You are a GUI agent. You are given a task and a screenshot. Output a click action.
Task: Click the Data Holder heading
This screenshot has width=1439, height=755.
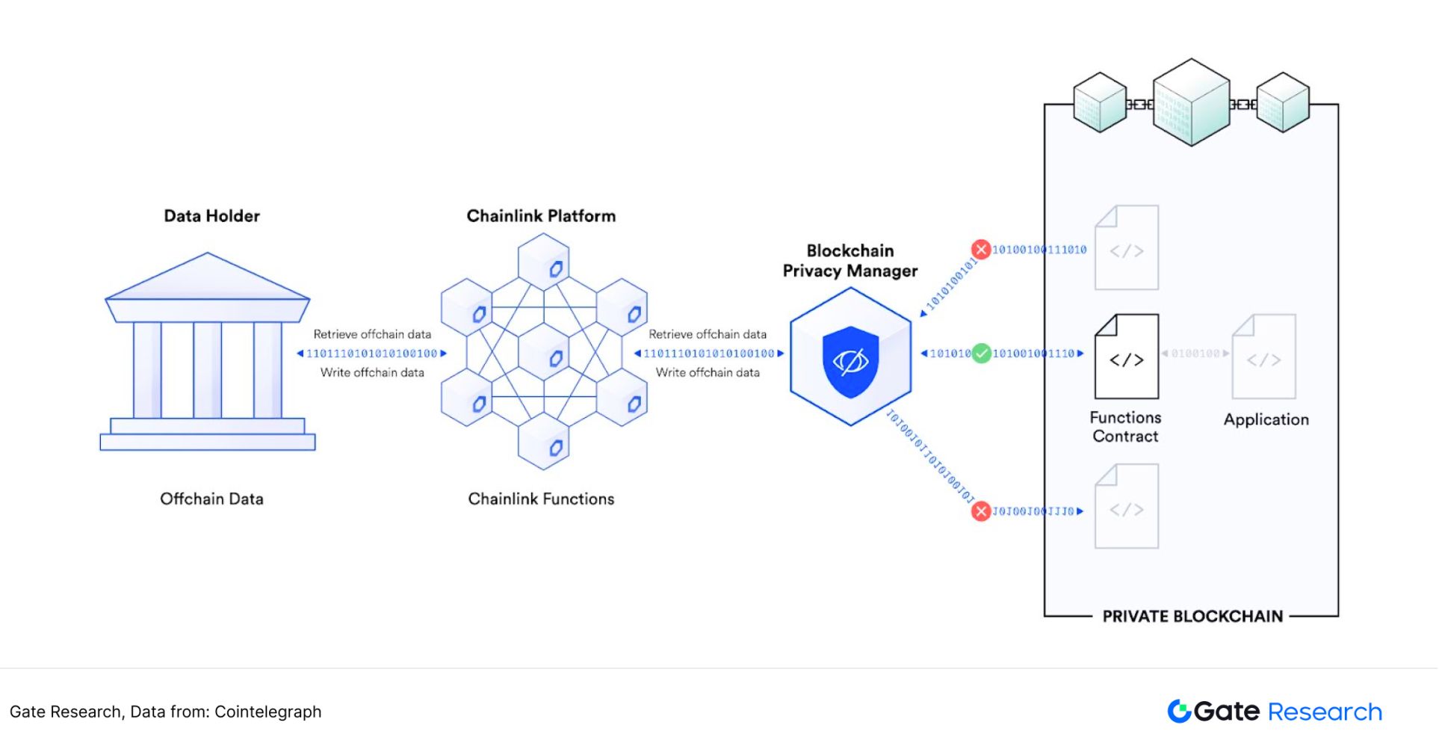tap(211, 216)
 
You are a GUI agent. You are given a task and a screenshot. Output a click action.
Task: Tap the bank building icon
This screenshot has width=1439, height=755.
tap(208, 352)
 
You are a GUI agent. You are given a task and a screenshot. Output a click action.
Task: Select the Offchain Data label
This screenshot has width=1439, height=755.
tap(211, 499)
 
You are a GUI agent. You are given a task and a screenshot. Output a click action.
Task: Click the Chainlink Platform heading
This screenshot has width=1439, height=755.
tap(541, 216)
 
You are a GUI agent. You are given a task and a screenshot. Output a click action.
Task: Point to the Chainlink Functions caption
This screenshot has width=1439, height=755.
tap(541, 499)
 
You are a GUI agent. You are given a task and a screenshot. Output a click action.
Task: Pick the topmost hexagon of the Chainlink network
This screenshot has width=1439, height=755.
tap(544, 262)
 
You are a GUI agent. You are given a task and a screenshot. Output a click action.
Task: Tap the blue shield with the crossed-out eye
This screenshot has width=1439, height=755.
tap(850, 361)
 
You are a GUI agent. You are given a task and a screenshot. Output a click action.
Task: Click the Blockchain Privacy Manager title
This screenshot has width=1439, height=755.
tap(850, 261)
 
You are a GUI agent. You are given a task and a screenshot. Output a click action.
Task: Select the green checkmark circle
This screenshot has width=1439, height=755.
tap(982, 353)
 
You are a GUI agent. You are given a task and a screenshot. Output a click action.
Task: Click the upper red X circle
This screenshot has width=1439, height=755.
tap(981, 250)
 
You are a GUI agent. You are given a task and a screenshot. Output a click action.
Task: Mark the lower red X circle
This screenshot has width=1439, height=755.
tap(981, 511)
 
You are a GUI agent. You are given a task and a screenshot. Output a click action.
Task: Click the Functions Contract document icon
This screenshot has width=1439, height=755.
tap(1127, 357)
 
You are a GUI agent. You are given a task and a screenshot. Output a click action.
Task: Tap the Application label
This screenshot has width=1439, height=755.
tap(1266, 419)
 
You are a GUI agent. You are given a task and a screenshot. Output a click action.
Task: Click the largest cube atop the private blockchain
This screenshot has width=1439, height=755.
tap(1191, 102)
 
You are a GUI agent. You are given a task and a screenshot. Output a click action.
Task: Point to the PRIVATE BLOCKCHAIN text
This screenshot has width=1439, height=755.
tap(1192, 616)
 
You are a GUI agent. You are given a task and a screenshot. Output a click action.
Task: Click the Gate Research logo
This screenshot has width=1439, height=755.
tap(1275, 712)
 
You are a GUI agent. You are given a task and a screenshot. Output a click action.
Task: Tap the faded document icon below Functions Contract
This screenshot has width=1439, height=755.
tap(1127, 507)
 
